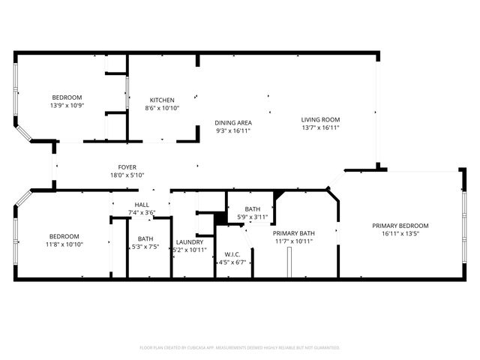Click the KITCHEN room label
(162, 100)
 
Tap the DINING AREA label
(233, 123)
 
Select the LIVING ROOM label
(320, 120)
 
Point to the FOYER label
(127, 168)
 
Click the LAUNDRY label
(190, 241)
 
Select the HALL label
(142, 205)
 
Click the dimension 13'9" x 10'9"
(67, 106)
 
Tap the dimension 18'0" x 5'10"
(127, 176)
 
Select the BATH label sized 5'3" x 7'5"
(145, 238)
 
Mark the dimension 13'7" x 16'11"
(320, 128)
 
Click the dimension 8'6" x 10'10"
(162, 109)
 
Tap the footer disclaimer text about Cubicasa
(240, 348)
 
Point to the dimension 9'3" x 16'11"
(233, 131)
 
